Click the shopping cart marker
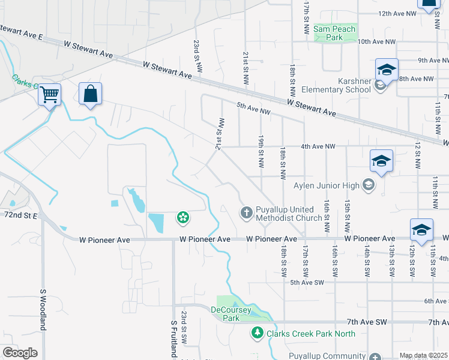(49, 94)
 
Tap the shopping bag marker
(90, 94)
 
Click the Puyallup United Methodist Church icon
(246, 212)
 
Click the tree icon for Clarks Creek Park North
(258, 332)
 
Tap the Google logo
(20, 352)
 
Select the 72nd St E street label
(20, 214)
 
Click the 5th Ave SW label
(307, 282)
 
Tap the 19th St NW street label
(261, 160)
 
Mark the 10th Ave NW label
(377, 42)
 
